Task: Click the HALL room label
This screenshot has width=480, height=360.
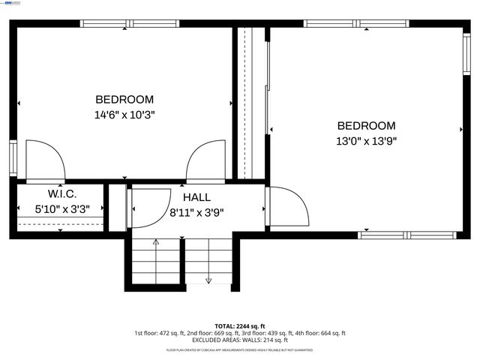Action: (x=196, y=196)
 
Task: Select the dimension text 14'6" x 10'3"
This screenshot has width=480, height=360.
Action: (x=124, y=115)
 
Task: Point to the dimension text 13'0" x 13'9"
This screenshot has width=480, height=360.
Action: (x=366, y=141)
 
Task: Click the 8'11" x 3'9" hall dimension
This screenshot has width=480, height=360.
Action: (x=196, y=211)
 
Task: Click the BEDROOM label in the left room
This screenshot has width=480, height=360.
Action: (x=124, y=99)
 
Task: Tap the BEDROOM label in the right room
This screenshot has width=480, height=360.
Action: (x=366, y=125)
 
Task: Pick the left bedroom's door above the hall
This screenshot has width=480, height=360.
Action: (x=207, y=160)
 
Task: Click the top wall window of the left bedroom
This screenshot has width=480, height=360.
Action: (x=129, y=23)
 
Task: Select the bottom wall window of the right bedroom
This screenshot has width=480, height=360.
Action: (x=406, y=235)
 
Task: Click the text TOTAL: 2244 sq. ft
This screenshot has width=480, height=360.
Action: (x=239, y=326)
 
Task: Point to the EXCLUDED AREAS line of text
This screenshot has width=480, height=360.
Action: (x=239, y=340)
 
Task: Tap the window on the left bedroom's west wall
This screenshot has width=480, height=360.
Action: (x=13, y=157)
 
